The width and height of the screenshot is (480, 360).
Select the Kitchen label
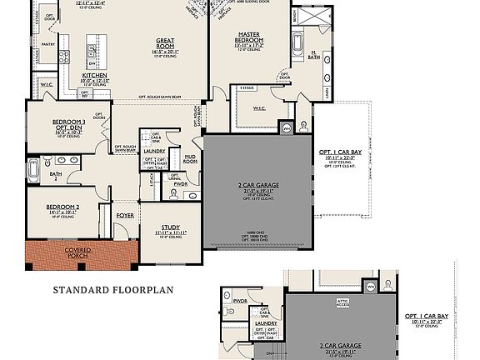click(x=94, y=76)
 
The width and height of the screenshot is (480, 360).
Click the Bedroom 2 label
click(x=62, y=206)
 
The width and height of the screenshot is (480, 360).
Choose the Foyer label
click(x=124, y=215)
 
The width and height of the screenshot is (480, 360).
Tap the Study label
click(x=171, y=226)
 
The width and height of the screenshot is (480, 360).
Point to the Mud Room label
click(x=190, y=157)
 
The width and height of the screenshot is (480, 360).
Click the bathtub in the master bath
click(x=298, y=41)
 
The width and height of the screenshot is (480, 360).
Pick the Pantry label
click(x=48, y=44)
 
